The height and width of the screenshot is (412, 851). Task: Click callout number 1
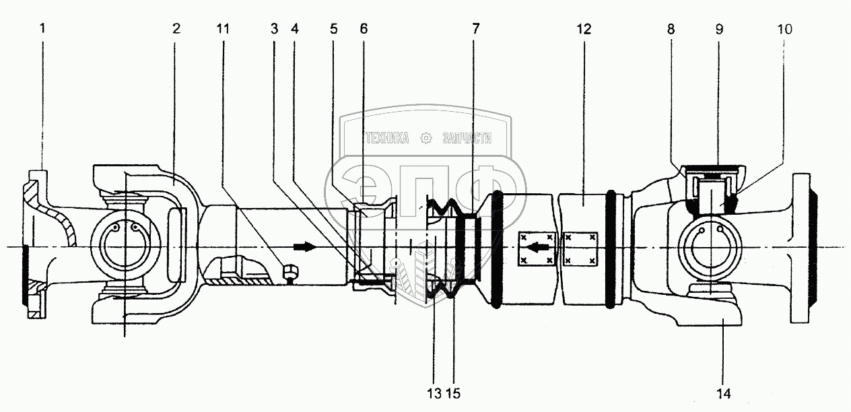click(42, 28)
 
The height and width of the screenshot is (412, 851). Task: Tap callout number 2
click(176, 28)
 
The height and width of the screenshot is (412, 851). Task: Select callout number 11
click(223, 28)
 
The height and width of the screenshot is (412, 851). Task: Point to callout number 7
click(475, 28)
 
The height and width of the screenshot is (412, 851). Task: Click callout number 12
click(584, 29)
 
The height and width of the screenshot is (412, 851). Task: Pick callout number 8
click(671, 29)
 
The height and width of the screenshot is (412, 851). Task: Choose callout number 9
click(719, 29)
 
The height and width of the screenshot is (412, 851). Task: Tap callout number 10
click(784, 29)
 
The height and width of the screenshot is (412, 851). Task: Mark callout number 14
click(724, 394)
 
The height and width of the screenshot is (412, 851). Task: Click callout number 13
click(434, 394)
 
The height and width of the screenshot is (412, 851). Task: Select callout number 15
click(454, 394)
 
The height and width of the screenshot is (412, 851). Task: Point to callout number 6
click(364, 28)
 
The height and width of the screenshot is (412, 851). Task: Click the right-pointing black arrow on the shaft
click(305, 246)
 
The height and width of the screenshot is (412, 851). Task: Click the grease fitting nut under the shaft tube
click(291, 272)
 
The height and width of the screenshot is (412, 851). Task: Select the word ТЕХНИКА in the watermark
click(388, 138)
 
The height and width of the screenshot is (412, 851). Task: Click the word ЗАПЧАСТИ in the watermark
click(467, 138)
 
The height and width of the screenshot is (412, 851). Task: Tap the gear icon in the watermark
click(426, 138)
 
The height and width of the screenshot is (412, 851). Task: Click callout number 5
click(333, 28)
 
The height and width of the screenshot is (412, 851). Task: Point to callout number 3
click(274, 28)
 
